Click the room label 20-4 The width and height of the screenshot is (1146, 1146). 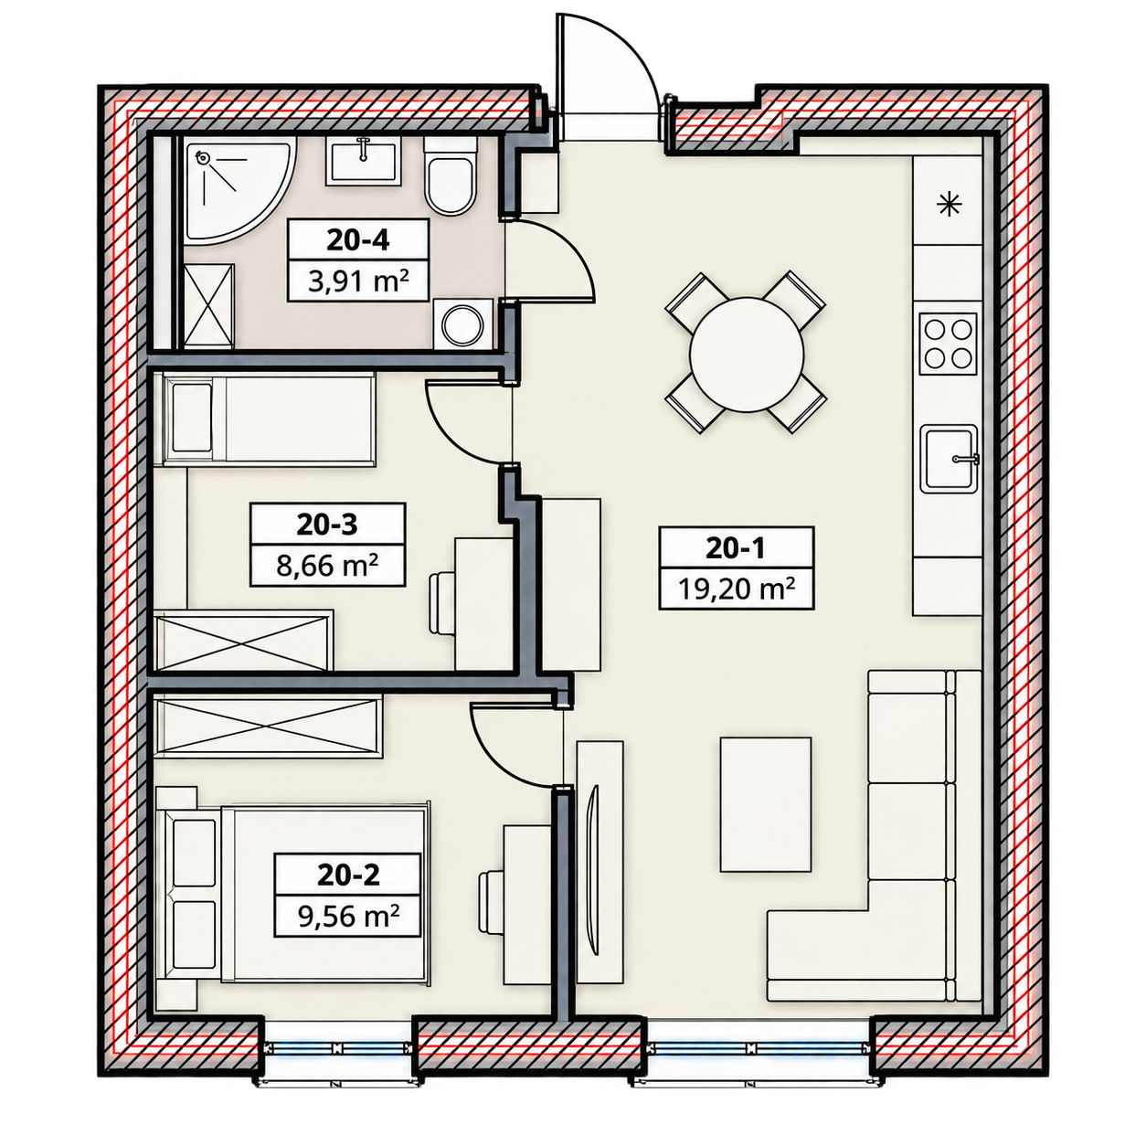357,240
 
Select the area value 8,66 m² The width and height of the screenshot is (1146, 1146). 328,565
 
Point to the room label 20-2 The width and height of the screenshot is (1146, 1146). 348,875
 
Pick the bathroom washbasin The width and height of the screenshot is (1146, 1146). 362,161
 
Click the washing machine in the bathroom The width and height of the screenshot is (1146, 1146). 463,324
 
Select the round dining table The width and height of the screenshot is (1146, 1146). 747,355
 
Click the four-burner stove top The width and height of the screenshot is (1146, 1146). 948,344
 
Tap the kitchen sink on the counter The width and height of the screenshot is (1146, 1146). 949,459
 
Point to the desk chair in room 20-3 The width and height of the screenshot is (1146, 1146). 442,603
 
